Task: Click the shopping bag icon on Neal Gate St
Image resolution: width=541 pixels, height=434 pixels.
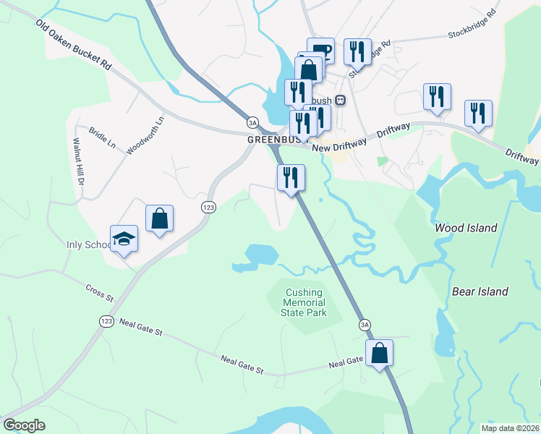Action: (x=379, y=353)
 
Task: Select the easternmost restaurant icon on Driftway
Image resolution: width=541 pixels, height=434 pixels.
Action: (x=478, y=113)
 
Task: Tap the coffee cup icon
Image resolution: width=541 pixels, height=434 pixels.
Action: (x=321, y=51)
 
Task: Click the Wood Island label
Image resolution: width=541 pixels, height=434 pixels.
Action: (x=466, y=228)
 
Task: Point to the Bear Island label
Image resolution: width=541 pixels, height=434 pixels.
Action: (x=480, y=292)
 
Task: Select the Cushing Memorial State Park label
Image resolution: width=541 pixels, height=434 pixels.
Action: (x=304, y=302)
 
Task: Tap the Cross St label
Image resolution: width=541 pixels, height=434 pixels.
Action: (x=100, y=294)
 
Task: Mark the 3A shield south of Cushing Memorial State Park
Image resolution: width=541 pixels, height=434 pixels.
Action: (x=365, y=325)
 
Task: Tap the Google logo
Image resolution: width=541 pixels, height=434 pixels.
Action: (x=24, y=425)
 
